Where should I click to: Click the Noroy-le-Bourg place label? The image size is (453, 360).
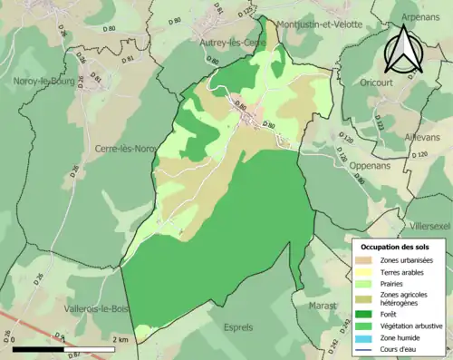coord(43,81)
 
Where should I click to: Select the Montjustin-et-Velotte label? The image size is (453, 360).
coord(317,24)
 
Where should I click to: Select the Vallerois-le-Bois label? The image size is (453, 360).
coord(96,309)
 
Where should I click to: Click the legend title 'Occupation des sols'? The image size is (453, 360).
coord(396,247)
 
